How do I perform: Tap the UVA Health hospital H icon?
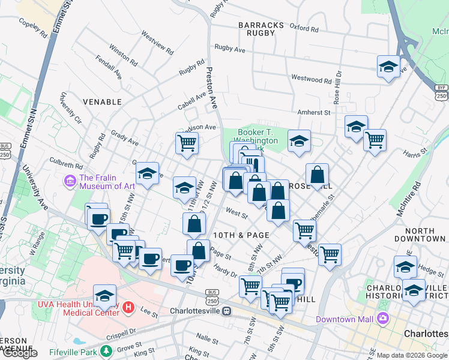click(127, 307)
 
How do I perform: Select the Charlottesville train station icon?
click(226, 311)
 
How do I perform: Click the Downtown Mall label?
click(345, 319)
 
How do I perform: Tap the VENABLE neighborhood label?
click(102, 102)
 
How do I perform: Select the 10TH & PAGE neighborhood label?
click(241, 235)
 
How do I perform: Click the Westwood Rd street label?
click(311, 79)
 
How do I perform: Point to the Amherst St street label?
click(314, 112)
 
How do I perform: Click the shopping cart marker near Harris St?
click(375, 140)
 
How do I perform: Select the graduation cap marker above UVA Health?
click(104, 295)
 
